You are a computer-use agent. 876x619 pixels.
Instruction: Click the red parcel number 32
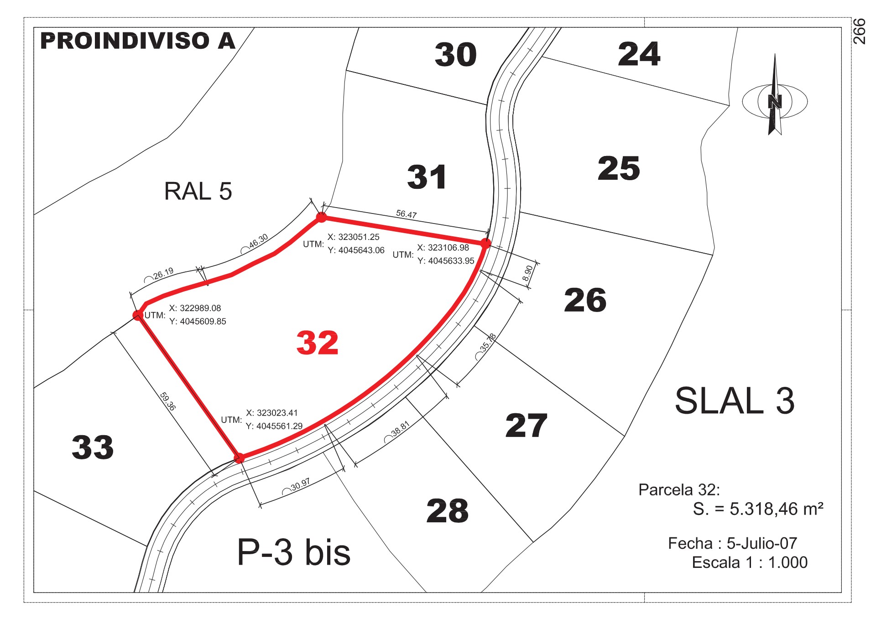[x=318, y=343]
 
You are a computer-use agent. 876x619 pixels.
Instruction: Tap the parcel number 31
[x=427, y=177]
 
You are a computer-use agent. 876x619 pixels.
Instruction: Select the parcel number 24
[x=639, y=54]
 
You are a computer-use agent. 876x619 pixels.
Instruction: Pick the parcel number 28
[x=448, y=510]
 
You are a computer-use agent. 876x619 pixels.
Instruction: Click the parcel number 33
[x=93, y=447]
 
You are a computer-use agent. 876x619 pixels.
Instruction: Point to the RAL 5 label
[x=198, y=191]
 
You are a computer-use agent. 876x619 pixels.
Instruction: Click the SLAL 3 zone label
[x=735, y=401]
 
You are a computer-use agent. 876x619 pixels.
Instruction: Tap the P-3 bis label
[x=294, y=552]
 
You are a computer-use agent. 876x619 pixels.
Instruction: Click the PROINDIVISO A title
[x=138, y=41]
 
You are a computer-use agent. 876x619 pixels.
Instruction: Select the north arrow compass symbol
[x=775, y=95]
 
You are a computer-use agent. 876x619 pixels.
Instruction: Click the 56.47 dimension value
[x=406, y=214]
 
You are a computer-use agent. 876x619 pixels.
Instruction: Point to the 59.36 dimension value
[x=167, y=401]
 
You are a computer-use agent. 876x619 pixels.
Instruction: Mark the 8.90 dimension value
[x=527, y=273]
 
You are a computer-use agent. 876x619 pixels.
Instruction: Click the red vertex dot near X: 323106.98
[x=486, y=243]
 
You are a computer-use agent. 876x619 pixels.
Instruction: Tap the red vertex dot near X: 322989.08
[x=137, y=315]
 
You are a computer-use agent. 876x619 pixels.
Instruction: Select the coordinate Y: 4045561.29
[x=274, y=426]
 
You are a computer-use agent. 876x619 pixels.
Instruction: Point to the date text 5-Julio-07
[x=762, y=543]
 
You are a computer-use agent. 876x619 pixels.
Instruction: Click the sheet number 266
[x=859, y=31]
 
